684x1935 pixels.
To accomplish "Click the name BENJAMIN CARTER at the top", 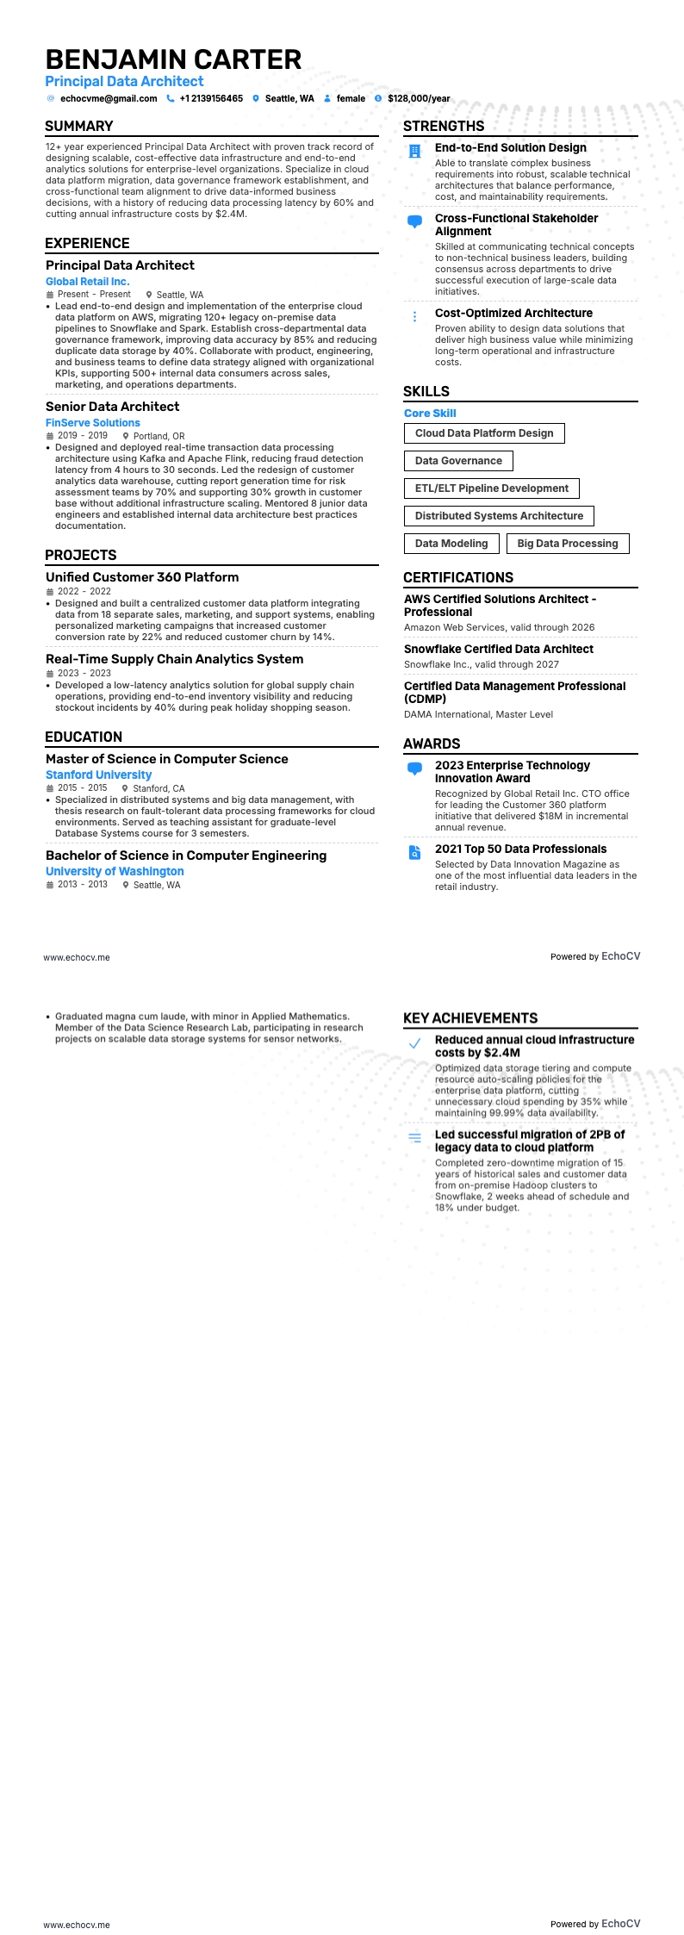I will (x=173, y=59).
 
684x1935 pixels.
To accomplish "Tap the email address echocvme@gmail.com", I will (x=109, y=99).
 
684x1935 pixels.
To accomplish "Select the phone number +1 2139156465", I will (x=211, y=99).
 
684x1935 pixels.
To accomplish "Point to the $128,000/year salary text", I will (x=419, y=99).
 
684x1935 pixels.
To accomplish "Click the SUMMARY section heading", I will (x=79, y=127).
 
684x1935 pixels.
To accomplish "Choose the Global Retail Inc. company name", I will (x=87, y=282).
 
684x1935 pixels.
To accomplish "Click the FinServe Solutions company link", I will (x=93, y=423).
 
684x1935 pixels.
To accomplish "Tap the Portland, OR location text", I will (x=159, y=436).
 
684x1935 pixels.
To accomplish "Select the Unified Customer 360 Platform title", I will (x=142, y=577).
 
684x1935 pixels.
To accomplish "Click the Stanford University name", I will (x=98, y=775).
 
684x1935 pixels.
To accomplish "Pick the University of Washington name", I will (x=115, y=872).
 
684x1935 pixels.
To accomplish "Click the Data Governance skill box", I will (x=458, y=461).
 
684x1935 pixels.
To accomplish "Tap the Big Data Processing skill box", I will (x=568, y=544).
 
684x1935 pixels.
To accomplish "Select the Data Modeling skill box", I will (x=451, y=544).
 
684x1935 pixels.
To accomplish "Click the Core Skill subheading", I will (x=430, y=414).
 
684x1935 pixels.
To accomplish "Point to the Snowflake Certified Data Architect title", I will (x=499, y=650).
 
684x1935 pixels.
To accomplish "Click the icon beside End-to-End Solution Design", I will (x=414, y=152).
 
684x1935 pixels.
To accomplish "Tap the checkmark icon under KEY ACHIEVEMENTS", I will (x=414, y=1043).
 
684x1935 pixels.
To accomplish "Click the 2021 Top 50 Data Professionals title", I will (x=520, y=849).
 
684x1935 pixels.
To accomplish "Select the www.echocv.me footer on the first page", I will (x=77, y=957).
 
